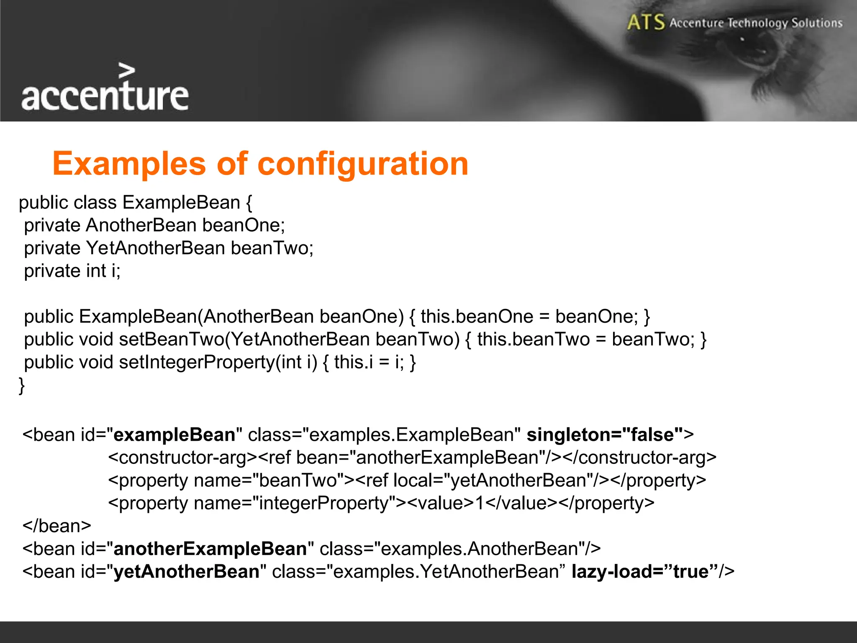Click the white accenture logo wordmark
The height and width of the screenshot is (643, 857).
click(105, 96)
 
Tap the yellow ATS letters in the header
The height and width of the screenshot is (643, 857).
click(646, 22)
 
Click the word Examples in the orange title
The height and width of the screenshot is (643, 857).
click(129, 164)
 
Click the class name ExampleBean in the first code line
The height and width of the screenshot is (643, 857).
click(181, 203)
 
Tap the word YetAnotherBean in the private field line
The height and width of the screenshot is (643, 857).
click(156, 248)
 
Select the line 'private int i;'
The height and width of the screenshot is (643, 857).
click(72, 271)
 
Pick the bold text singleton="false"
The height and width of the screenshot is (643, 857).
click(605, 435)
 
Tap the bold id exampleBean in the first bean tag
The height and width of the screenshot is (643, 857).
click(174, 435)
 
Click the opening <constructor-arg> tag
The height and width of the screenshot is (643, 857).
click(182, 458)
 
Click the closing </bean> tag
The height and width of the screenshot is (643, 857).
click(57, 526)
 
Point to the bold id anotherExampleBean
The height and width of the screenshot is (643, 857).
click(210, 549)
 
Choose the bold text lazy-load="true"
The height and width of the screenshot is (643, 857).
click(645, 572)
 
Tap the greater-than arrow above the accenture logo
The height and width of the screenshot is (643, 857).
click(127, 71)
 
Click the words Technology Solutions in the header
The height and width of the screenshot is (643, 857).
click(785, 23)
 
